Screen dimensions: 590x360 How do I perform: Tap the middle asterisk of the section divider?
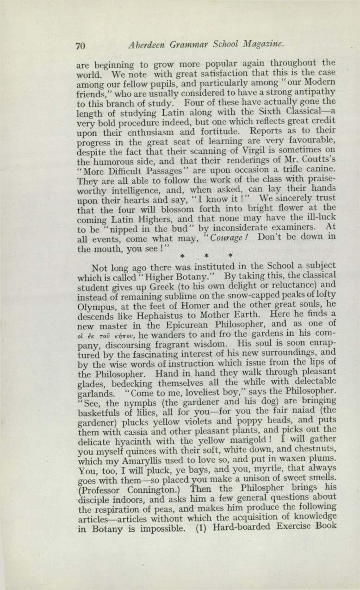pyautogui.click(x=207, y=255)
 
